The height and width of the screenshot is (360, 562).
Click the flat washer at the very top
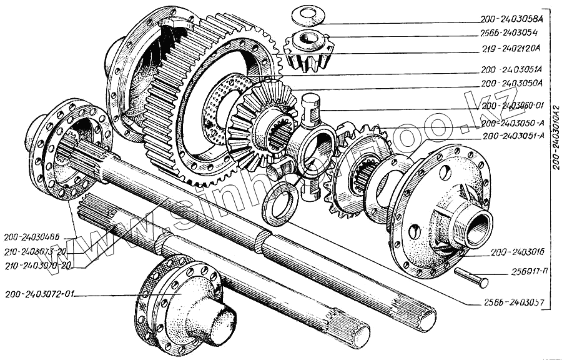(305, 14)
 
